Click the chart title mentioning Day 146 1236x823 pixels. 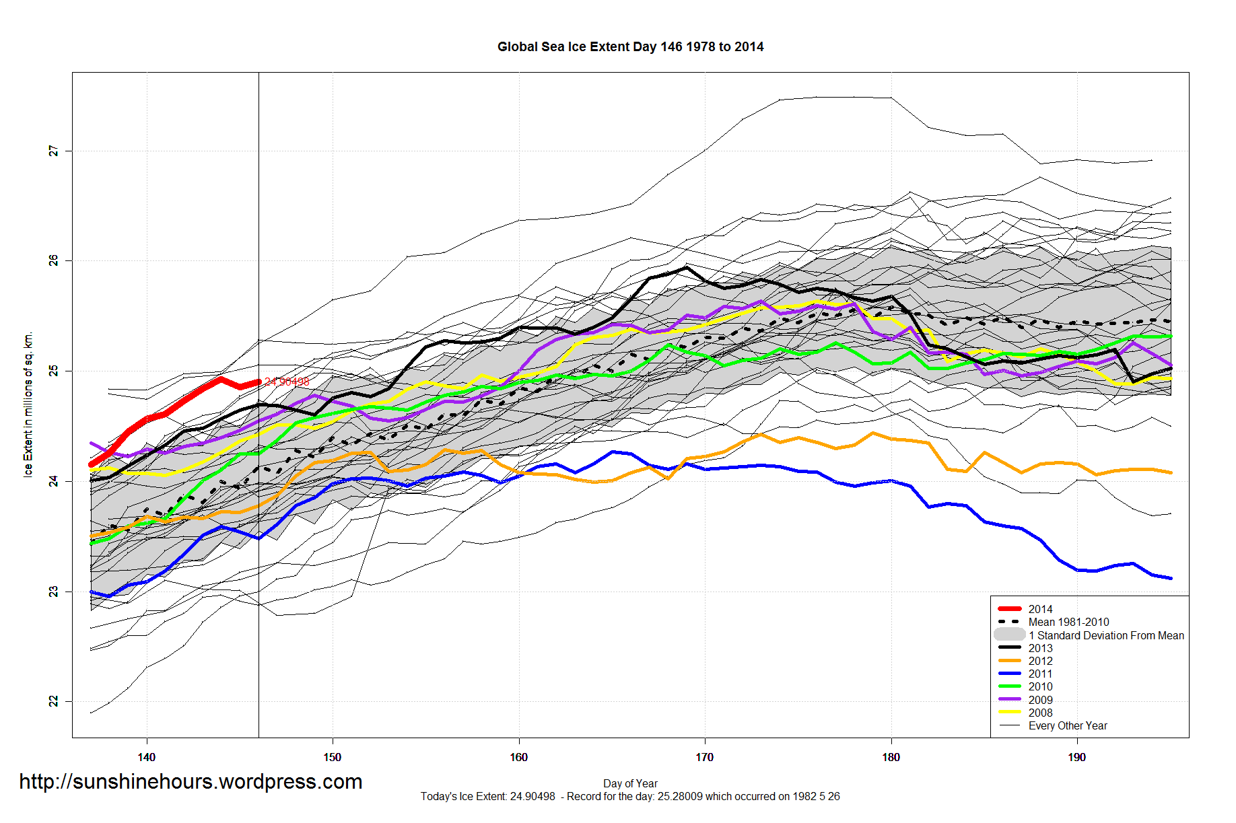(630, 46)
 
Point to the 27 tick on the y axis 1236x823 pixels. (53, 151)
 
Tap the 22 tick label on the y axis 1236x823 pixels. (53, 701)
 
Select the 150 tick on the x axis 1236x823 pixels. (333, 757)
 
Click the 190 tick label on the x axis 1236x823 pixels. (1076, 757)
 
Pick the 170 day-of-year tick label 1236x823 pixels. (704, 757)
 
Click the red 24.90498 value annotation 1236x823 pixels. (287, 382)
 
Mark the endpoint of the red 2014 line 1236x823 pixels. (259, 382)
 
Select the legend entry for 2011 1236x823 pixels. (1040, 674)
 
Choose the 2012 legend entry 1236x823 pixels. (1040, 661)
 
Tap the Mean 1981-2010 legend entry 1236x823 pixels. (1068, 622)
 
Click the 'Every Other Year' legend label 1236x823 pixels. (1068, 725)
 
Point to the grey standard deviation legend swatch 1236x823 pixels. (1009, 635)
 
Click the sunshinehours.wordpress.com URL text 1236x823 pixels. (191, 781)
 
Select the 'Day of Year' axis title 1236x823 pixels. (630, 783)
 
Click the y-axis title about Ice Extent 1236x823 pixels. (28, 404)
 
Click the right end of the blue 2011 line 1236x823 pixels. (1171, 578)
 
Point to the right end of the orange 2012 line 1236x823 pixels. (1171, 472)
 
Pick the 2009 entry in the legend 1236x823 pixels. (1040, 700)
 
